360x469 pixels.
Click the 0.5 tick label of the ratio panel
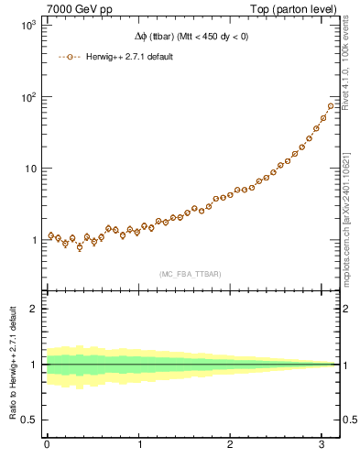29,420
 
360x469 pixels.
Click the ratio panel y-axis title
11,365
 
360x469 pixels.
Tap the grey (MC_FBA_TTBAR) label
189,274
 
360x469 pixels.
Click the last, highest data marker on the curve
331,106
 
